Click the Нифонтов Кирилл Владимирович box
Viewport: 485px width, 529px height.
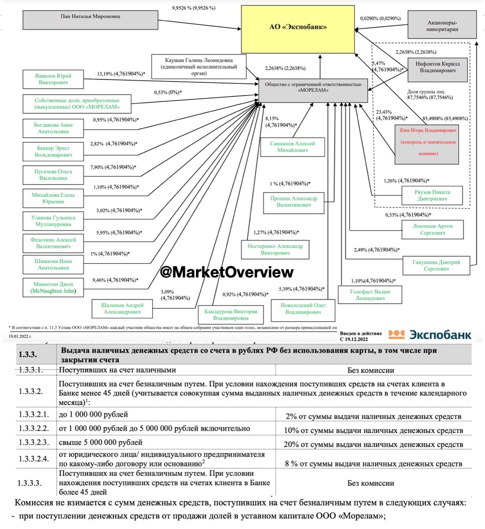click(437, 70)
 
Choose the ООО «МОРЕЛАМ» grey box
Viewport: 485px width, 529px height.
click(313, 90)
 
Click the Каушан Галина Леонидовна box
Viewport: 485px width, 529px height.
click(199, 67)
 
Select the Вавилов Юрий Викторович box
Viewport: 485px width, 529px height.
click(53, 79)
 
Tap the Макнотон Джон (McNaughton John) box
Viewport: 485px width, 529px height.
click(53, 288)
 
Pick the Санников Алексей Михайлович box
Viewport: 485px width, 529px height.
click(292, 147)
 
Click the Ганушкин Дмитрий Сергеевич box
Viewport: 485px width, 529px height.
click(436, 265)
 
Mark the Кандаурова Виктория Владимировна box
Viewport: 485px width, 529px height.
click(231, 315)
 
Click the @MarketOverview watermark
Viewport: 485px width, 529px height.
click(227, 272)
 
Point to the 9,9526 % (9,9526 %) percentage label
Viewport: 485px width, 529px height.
click(194, 8)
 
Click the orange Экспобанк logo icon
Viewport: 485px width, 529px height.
click(397, 334)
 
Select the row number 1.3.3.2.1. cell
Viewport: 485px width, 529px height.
click(33, 415)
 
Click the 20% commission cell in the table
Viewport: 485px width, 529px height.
click(373, 444)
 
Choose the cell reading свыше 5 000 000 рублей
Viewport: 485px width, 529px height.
click(101, 443)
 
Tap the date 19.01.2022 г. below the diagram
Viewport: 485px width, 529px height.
click(20, 336)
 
